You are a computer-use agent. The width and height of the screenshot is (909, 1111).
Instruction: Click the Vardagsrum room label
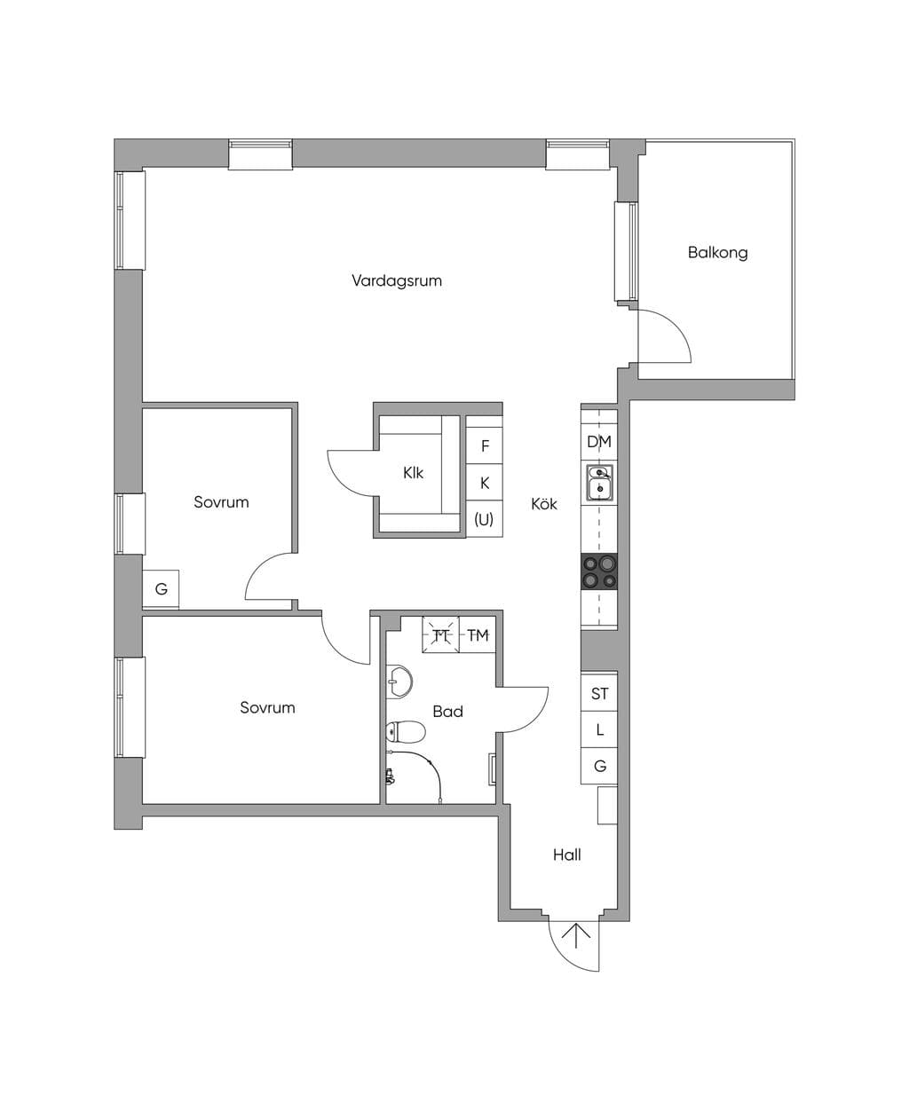(x=396, y=280)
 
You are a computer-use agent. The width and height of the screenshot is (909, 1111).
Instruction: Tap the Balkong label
(x=717, y=252)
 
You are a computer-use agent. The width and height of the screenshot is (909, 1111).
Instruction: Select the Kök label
(x=544, y=504)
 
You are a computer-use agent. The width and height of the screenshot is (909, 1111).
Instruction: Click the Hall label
(x=567, y=855)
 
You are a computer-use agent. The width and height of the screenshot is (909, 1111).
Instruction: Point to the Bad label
(x=447, y=711)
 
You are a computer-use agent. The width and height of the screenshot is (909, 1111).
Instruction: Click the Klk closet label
(x=413, y=473)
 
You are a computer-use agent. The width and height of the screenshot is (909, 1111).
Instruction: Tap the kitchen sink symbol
(x=599, y=483)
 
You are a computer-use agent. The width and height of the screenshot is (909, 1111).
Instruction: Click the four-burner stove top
(x=599, y=571)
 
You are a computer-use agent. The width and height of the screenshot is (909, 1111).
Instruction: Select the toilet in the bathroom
(x=405, y=731)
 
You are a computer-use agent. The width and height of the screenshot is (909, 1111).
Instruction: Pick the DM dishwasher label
(x=599, y=441)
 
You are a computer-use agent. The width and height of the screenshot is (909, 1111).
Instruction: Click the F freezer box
(x=485, y=445)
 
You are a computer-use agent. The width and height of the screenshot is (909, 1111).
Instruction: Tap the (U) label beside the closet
(x=484, y=519)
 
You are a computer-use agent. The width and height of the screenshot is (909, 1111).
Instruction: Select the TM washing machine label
(x=478, y=635)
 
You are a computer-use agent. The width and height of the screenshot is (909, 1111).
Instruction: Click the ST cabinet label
(x=599, y=694)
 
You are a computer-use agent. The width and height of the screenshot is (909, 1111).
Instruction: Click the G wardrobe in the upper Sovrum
(x=161, y=589)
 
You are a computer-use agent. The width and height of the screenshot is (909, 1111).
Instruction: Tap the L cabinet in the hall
(x=599, y=729)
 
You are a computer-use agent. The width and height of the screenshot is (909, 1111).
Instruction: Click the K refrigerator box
(x=485, y=483)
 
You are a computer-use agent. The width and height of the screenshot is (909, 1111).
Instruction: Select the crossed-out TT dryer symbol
(x=440, y=634)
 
